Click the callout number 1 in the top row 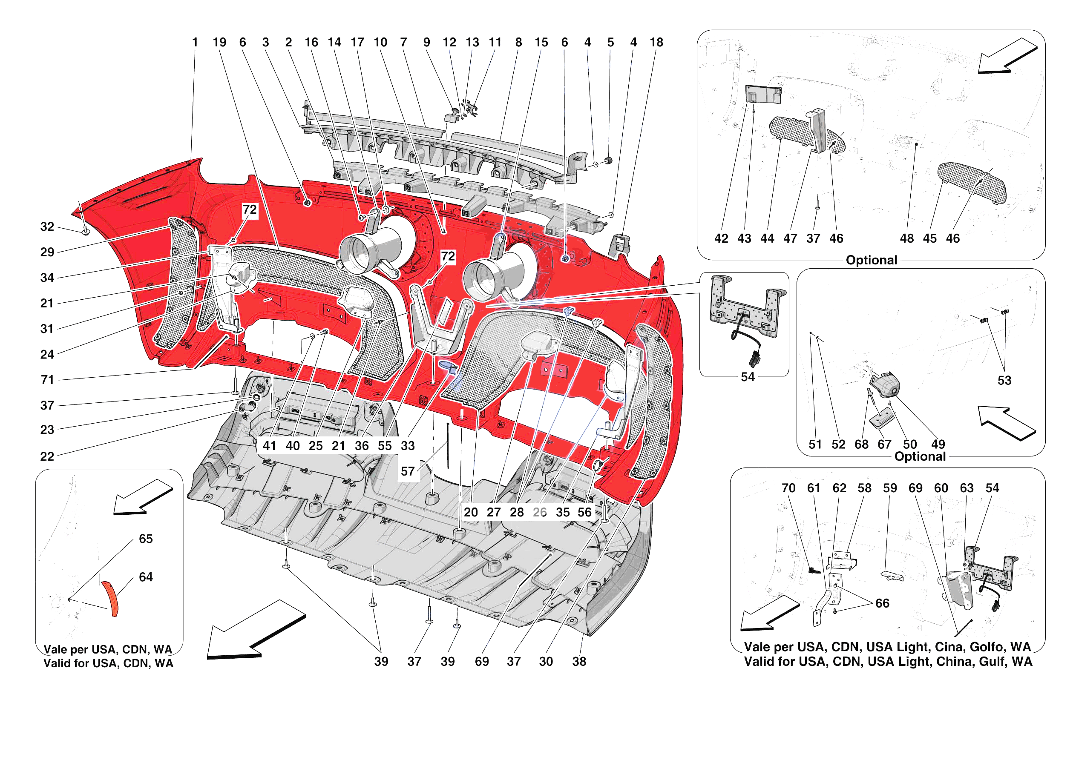[x=195, y=43]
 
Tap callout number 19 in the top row [x=219, y=43]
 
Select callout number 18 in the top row [x=656, y=43]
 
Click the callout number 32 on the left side [x=47, y=227]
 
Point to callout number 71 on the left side [x=47, y=380]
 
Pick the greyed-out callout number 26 [x=539, y=513]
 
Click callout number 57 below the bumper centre [x=407, y=471]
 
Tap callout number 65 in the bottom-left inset [x=146, y=539]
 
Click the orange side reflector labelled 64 [x=111, y=599]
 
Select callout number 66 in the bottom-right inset [x=882, y=603]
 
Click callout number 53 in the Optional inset [x=1004, y=381]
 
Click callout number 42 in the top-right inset [x=721, y=238]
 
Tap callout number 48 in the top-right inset [x=906, y=238]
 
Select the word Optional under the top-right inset [x=871, y=261]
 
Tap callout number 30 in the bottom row [x=546, y=662]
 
